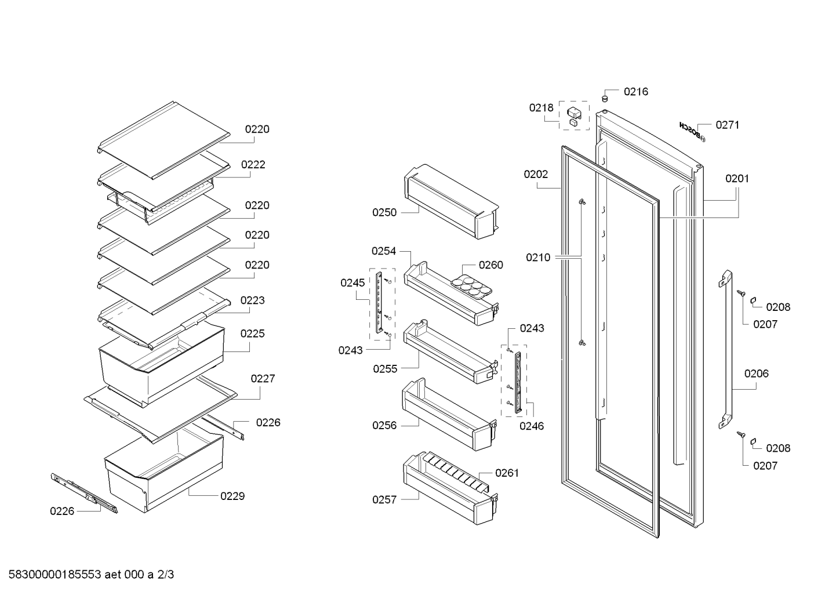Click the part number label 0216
point(636,92)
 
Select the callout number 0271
point(728,125)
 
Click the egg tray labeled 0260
point(472,287)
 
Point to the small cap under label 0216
point(605,99)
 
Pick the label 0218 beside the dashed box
point(541,108)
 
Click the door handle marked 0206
point(725,350)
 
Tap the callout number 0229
point(232,496)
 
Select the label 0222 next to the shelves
point(253,165)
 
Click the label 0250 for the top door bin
point(384,212)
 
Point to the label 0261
point(507,473)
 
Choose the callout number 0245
point(352,283)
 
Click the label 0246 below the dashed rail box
point(532,426)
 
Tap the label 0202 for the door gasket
point(536,175)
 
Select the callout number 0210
point(538,258)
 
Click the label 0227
point(263,379)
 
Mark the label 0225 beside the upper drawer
point(253,333)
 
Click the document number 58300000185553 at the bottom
point(55,575)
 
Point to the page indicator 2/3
point(165,575)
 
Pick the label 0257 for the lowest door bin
point(384,499)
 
